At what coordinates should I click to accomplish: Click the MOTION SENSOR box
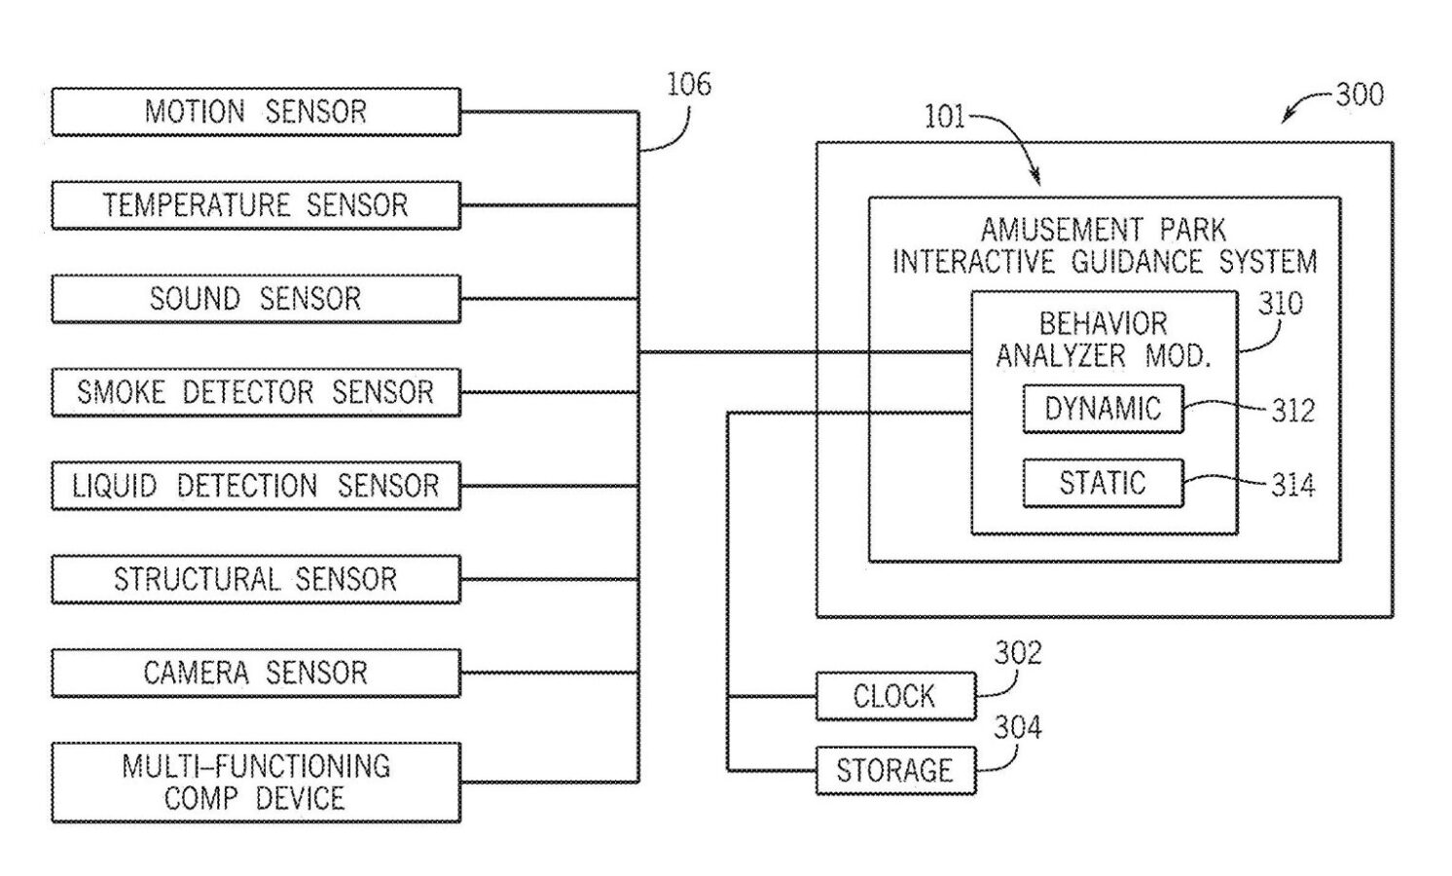click(x=255, y=112)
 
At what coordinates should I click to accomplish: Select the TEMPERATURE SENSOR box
click(x=255, y=205)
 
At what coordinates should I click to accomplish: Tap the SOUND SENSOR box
click(x=255, y=299)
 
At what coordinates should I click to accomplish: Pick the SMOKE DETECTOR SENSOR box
click(x=255, y=392)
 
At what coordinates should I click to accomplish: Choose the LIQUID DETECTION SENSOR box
click(x=255, y=486)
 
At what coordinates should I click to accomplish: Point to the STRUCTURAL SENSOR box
click(x=255, y=579)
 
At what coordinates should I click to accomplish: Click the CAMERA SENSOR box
click(x=255, y=673)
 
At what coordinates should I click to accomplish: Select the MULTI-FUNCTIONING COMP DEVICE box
click(x=255, y=783)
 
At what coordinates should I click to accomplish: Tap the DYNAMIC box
click(x=1103, y=409)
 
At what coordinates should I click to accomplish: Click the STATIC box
click(x=1103, y=483)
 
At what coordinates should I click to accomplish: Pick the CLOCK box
click(x=894, y=696)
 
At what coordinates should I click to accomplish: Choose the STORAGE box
click(x=894, y=771)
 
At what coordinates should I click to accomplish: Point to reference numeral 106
click(x=688, y=85)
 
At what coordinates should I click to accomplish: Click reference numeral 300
click(x=1360, y=94)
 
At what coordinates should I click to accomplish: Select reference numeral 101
click(x=944, y=118)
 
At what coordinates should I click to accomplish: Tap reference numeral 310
click(x=1280, y=304)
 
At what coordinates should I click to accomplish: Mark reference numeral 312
click(x=1293, y=411)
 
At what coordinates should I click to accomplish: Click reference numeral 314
click(x=1293, y=485)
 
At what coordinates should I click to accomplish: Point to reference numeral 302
click(x=1017, y=653)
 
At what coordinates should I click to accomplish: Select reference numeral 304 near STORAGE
click(x=1017, y=727)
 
